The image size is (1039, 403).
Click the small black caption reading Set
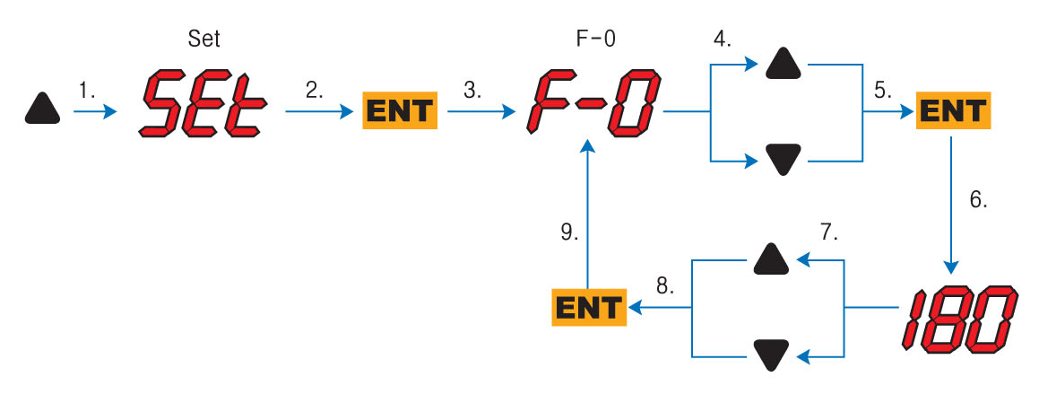click(x=204, y=39)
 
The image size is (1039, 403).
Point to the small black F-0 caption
click(x=593, y=39)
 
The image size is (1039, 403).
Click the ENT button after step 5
click(x=953, y=112)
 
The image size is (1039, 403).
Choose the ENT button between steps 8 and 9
click(x=587, y=308)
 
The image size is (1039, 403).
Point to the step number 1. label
click(x=87, y=90)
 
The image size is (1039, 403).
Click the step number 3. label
click(x=472, y=90)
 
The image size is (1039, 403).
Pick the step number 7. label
click(x=828, y=233)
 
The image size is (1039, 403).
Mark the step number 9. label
click(x=567, y=232)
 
